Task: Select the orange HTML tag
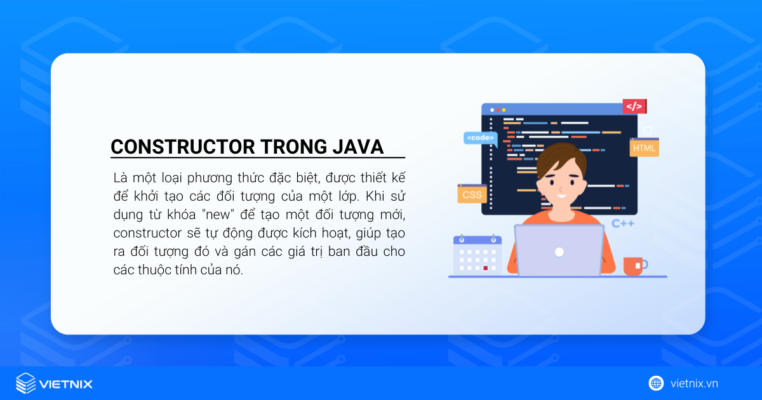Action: (x=644, y=149)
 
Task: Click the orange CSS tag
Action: (x=472, y=194)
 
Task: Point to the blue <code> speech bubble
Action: (x=479, y=137)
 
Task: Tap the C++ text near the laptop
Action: (x=622, y=223)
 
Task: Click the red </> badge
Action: (x=634, y=106)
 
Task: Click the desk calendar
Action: (x=477, y=256)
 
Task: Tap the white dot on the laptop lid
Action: (x=559, y=252)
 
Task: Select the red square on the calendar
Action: (x=486, y=268)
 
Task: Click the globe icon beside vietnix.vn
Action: (x=656, y=383)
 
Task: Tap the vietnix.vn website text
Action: (x=694, y=383)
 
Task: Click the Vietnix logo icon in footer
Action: (x=26, y=383)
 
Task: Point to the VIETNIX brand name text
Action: (x=66, y=383)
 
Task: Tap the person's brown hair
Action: (x=558, y=156)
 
